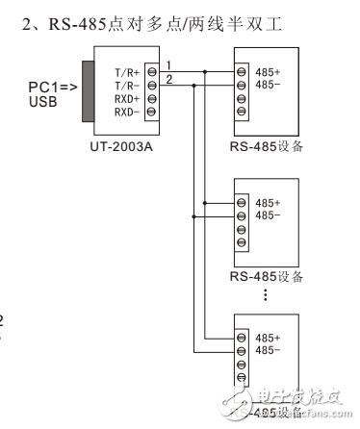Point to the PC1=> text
48,86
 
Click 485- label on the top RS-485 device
269,86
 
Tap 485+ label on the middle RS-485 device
269,204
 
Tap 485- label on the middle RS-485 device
269,217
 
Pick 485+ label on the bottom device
269,339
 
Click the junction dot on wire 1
205,71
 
